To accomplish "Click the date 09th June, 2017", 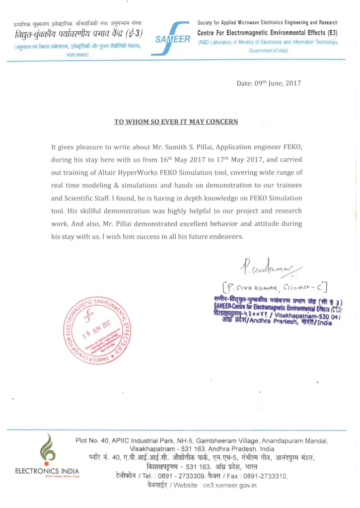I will click(x=269, y=83).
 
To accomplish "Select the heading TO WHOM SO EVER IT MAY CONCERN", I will click(x=176, y=122).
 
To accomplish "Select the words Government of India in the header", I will click(x=269, y=51).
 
